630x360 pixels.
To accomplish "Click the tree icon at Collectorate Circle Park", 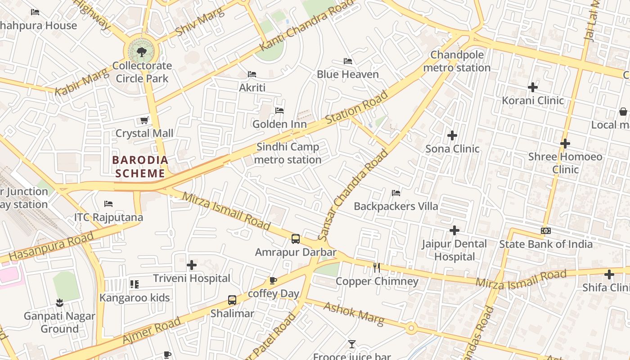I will tap(142, 52).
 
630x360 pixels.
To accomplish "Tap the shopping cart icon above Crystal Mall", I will tap(144, 120).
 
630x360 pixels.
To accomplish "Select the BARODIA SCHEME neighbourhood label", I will tap(140, 166).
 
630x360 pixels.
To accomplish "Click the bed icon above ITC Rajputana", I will tap(108, 204).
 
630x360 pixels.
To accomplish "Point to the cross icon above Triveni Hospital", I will tap(192, 265).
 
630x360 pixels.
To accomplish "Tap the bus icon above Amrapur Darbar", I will tap(296, 239).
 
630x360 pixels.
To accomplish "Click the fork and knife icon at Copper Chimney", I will tap(377, 268).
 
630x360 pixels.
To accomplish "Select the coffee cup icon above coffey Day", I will tap(273, 281).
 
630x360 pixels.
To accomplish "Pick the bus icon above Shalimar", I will tap(232, 300).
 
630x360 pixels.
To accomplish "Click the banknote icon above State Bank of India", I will tap(546, 231).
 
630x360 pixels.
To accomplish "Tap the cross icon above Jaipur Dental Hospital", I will tap(454, 230).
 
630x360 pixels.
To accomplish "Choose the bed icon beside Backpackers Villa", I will tap(396, 193).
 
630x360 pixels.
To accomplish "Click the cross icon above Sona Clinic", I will tap(452, 135).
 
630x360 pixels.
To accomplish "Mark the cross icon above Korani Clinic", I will tap(533, 87).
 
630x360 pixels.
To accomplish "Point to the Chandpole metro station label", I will tap(457, 61).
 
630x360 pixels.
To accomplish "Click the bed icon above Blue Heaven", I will tap(347, 61).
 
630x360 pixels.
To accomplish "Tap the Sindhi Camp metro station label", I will tap(288, 153).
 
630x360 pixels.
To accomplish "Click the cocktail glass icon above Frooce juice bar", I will tap(352, 344).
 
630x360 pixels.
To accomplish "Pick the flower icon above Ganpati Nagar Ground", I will tap(59, 302).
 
